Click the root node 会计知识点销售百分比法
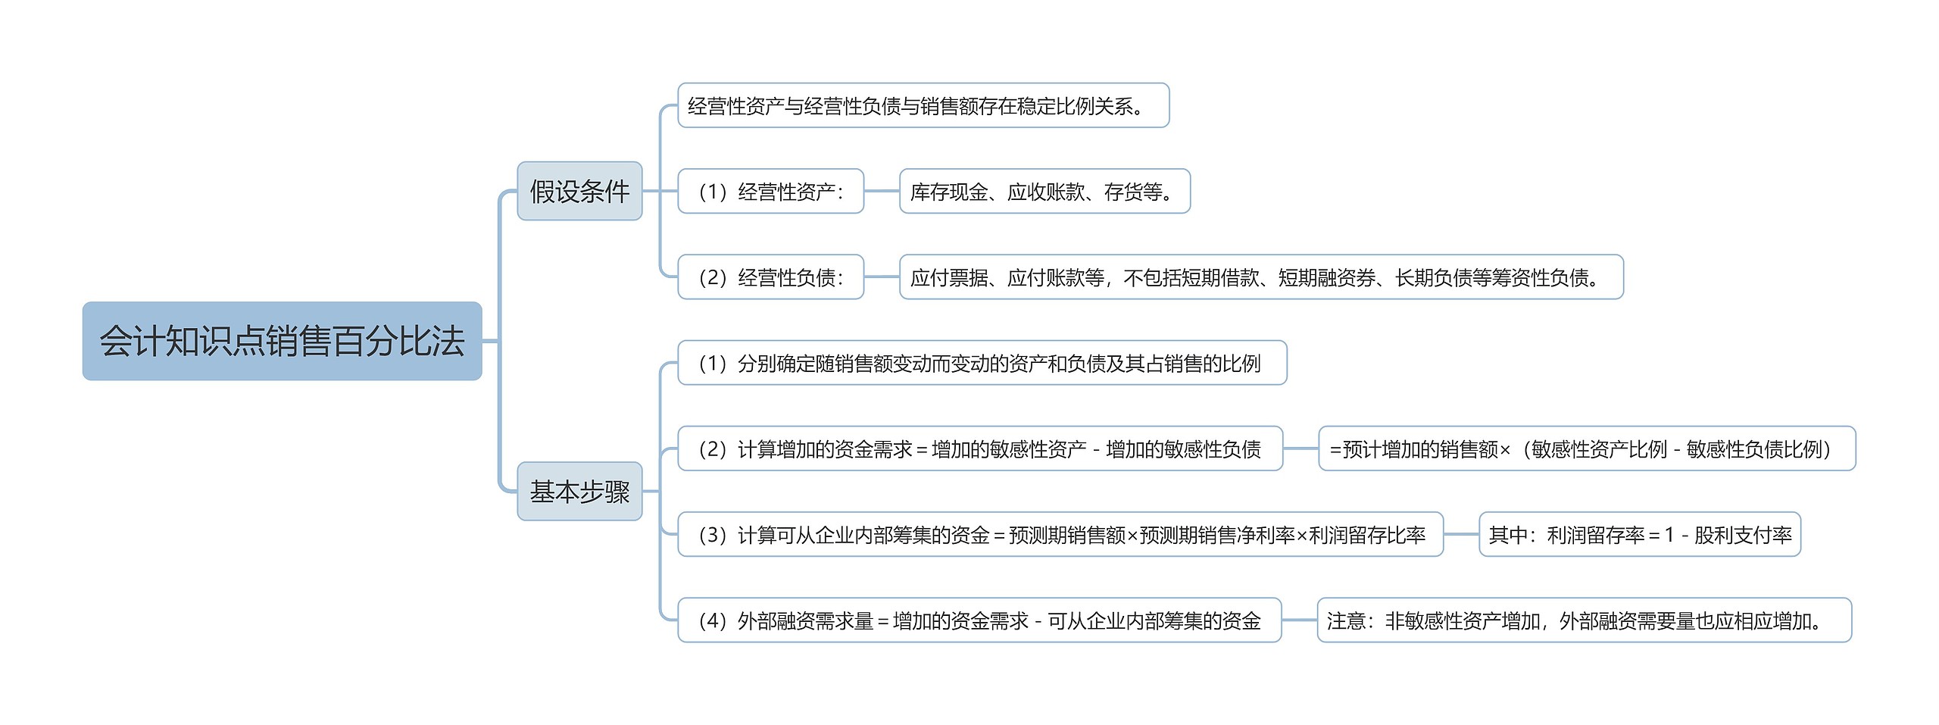pos(282,341)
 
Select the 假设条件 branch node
pos(579,191)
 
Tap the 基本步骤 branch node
pos(579,491)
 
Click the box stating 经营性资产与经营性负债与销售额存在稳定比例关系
pos(923,105)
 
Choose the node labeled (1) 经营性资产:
pos(770,191)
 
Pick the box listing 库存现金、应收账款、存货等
pos(1044,191)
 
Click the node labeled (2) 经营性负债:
pos(770,277)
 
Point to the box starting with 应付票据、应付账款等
pos(1260,277)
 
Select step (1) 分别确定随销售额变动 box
pos(982,363)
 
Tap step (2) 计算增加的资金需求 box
pos(979,448)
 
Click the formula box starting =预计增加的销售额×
pos(1586,448)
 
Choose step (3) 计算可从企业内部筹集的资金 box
pos(1060,534)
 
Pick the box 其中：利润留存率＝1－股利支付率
pos(1639,534)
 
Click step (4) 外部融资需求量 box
pos(979,620)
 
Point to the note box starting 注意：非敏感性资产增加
pos(1584,620)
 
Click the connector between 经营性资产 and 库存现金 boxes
pos(882,191)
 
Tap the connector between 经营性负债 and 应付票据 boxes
pos(882,277)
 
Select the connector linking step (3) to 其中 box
pos(1461,534)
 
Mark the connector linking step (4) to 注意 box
pos(1299,620)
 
